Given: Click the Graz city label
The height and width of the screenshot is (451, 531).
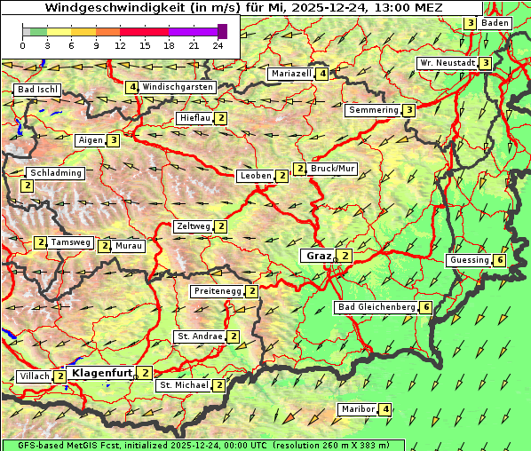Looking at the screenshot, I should pyautogui.click(x=317, y=256).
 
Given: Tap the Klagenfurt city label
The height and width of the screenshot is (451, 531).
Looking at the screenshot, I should pyautogui.click(x=101, y=373).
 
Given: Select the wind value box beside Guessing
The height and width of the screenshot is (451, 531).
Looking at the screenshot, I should pyautogui.click(x=501, y=260).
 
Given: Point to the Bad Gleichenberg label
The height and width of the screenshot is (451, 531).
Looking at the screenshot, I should pyautogui.click(x=376, y=307).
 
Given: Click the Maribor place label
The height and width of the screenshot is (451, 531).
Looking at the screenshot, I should pyautogui.click(x=355, y=409).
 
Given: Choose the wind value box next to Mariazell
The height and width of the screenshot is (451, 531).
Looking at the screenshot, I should pyautogui.click(x=322, y=74).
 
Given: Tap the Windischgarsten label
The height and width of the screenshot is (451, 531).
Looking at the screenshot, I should pyautogui.click(x=178, y=87).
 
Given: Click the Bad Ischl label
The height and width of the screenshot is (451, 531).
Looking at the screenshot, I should pyautogui.click(x=37, y=90).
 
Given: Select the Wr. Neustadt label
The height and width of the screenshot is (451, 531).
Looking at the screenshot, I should pyautogui.click(x=447, y=63).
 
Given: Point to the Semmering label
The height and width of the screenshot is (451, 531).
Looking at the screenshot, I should pyautogui.click(x=373, y=110).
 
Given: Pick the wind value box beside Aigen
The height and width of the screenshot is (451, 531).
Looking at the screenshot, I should pyautogui.click(x=114, y=140).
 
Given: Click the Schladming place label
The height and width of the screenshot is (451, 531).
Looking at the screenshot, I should pyautogui.click(x=55, y=173).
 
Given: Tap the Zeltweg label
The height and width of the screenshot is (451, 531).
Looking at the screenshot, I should pyautogui.click(x=193, y=226).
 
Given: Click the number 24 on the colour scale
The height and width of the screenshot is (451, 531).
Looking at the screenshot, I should pyautogui.click(x=218, y=45).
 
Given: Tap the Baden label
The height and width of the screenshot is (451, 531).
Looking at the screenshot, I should pyautogui.click(x=495, y=23).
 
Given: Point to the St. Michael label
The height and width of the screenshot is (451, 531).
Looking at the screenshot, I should pyautogui.click(x=183, y=385).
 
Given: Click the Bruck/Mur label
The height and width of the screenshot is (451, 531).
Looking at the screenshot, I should pyautogui.click(x=332, y=169).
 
